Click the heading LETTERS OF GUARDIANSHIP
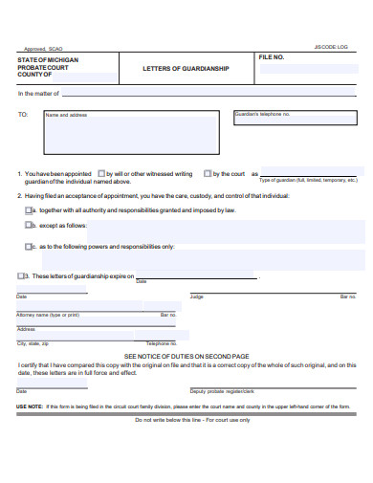pos(186,69)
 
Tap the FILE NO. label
pos(272,58)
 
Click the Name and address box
pos(130,133)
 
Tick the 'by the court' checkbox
pos(208,174)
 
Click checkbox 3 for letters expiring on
pos(22,275)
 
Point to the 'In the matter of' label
pos(38,94)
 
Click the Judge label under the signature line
pos(197,296)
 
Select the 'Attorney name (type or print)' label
pos(48,315)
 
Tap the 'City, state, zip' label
pos(33,342)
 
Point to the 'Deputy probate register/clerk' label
pos(222,391)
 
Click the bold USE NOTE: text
pos(29,407)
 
